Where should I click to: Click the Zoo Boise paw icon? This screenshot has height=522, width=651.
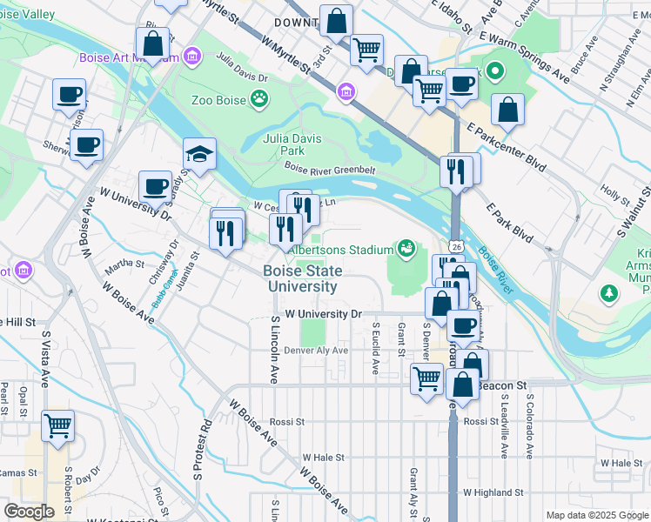(259, 99)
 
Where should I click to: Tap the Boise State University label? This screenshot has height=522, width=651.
(303, 278)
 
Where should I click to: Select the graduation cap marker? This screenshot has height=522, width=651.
(199, 155)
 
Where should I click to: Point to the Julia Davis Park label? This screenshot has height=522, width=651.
(292, 144)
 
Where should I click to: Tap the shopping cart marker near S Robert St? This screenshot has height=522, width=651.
(58, 426)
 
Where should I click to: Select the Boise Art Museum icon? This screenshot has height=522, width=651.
(192, 58)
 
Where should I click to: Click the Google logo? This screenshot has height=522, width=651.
(29, 512)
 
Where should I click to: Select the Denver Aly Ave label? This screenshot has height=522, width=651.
(315, 351)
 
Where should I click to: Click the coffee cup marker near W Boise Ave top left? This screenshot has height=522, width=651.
(86, 144)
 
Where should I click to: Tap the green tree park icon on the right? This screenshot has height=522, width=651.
(608, 294)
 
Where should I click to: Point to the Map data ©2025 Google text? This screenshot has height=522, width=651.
(596, 515)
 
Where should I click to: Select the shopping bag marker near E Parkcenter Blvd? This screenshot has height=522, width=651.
(507, 110)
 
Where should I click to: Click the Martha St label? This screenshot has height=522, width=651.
(124, 263)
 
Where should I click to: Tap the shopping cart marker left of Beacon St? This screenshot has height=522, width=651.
(426, 378)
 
